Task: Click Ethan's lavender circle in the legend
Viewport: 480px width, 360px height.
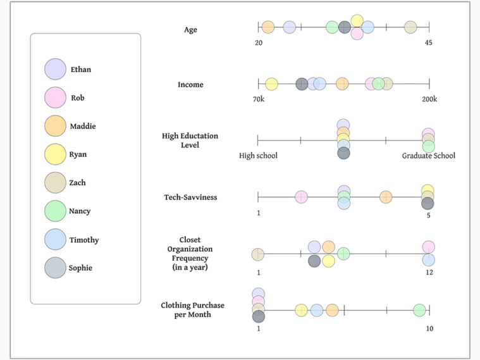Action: (55, 69)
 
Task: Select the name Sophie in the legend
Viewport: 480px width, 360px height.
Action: (80, 268)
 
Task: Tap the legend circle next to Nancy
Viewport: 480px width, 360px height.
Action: (55, 211)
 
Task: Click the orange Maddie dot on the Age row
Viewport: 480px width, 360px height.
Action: (268, 27)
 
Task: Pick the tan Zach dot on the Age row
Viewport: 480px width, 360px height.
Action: (410, 27)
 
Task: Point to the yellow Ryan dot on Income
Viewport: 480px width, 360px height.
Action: (271, 84)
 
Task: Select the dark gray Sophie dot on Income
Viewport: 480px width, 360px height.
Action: (302, 84)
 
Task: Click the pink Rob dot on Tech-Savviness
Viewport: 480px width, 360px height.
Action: (301, 197)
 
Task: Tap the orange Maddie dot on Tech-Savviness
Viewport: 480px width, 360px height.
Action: (386, 197)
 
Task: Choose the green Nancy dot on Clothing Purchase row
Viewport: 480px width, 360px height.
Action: (419, 310)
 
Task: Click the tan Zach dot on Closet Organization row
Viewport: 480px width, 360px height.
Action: (258, 254)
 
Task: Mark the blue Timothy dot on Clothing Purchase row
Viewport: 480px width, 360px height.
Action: (317, 310)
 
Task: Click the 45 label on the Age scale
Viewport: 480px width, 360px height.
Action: (429, 42)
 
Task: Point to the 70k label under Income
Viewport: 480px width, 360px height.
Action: (259, 99)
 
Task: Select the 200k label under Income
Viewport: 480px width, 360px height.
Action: (429, 99)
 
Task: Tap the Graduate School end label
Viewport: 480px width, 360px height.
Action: (429, 156)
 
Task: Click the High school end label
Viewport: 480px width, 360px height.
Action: (259, 156)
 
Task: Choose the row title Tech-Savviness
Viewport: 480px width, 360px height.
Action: (190, 197)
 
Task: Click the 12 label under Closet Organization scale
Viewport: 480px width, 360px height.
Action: (429, 272)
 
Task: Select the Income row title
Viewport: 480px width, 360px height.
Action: (190, 85)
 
